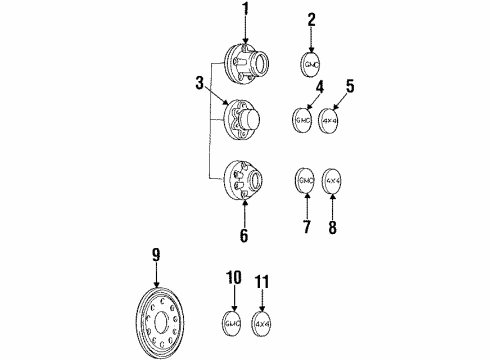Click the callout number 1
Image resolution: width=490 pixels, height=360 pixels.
(x=244, y=11)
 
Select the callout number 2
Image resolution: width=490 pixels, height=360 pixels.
(x=311, y=18)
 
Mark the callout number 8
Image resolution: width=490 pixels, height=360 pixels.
(x=335, y=227)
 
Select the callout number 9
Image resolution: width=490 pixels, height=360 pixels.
(x=155, y=255)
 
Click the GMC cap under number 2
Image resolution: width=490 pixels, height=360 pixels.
(x=311, y=61)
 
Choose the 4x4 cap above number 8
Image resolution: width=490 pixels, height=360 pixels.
(x=334, y=181)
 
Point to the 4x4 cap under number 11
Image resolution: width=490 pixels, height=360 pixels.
(x=262, y=323)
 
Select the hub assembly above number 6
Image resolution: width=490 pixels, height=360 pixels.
(x=246, y=180)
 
